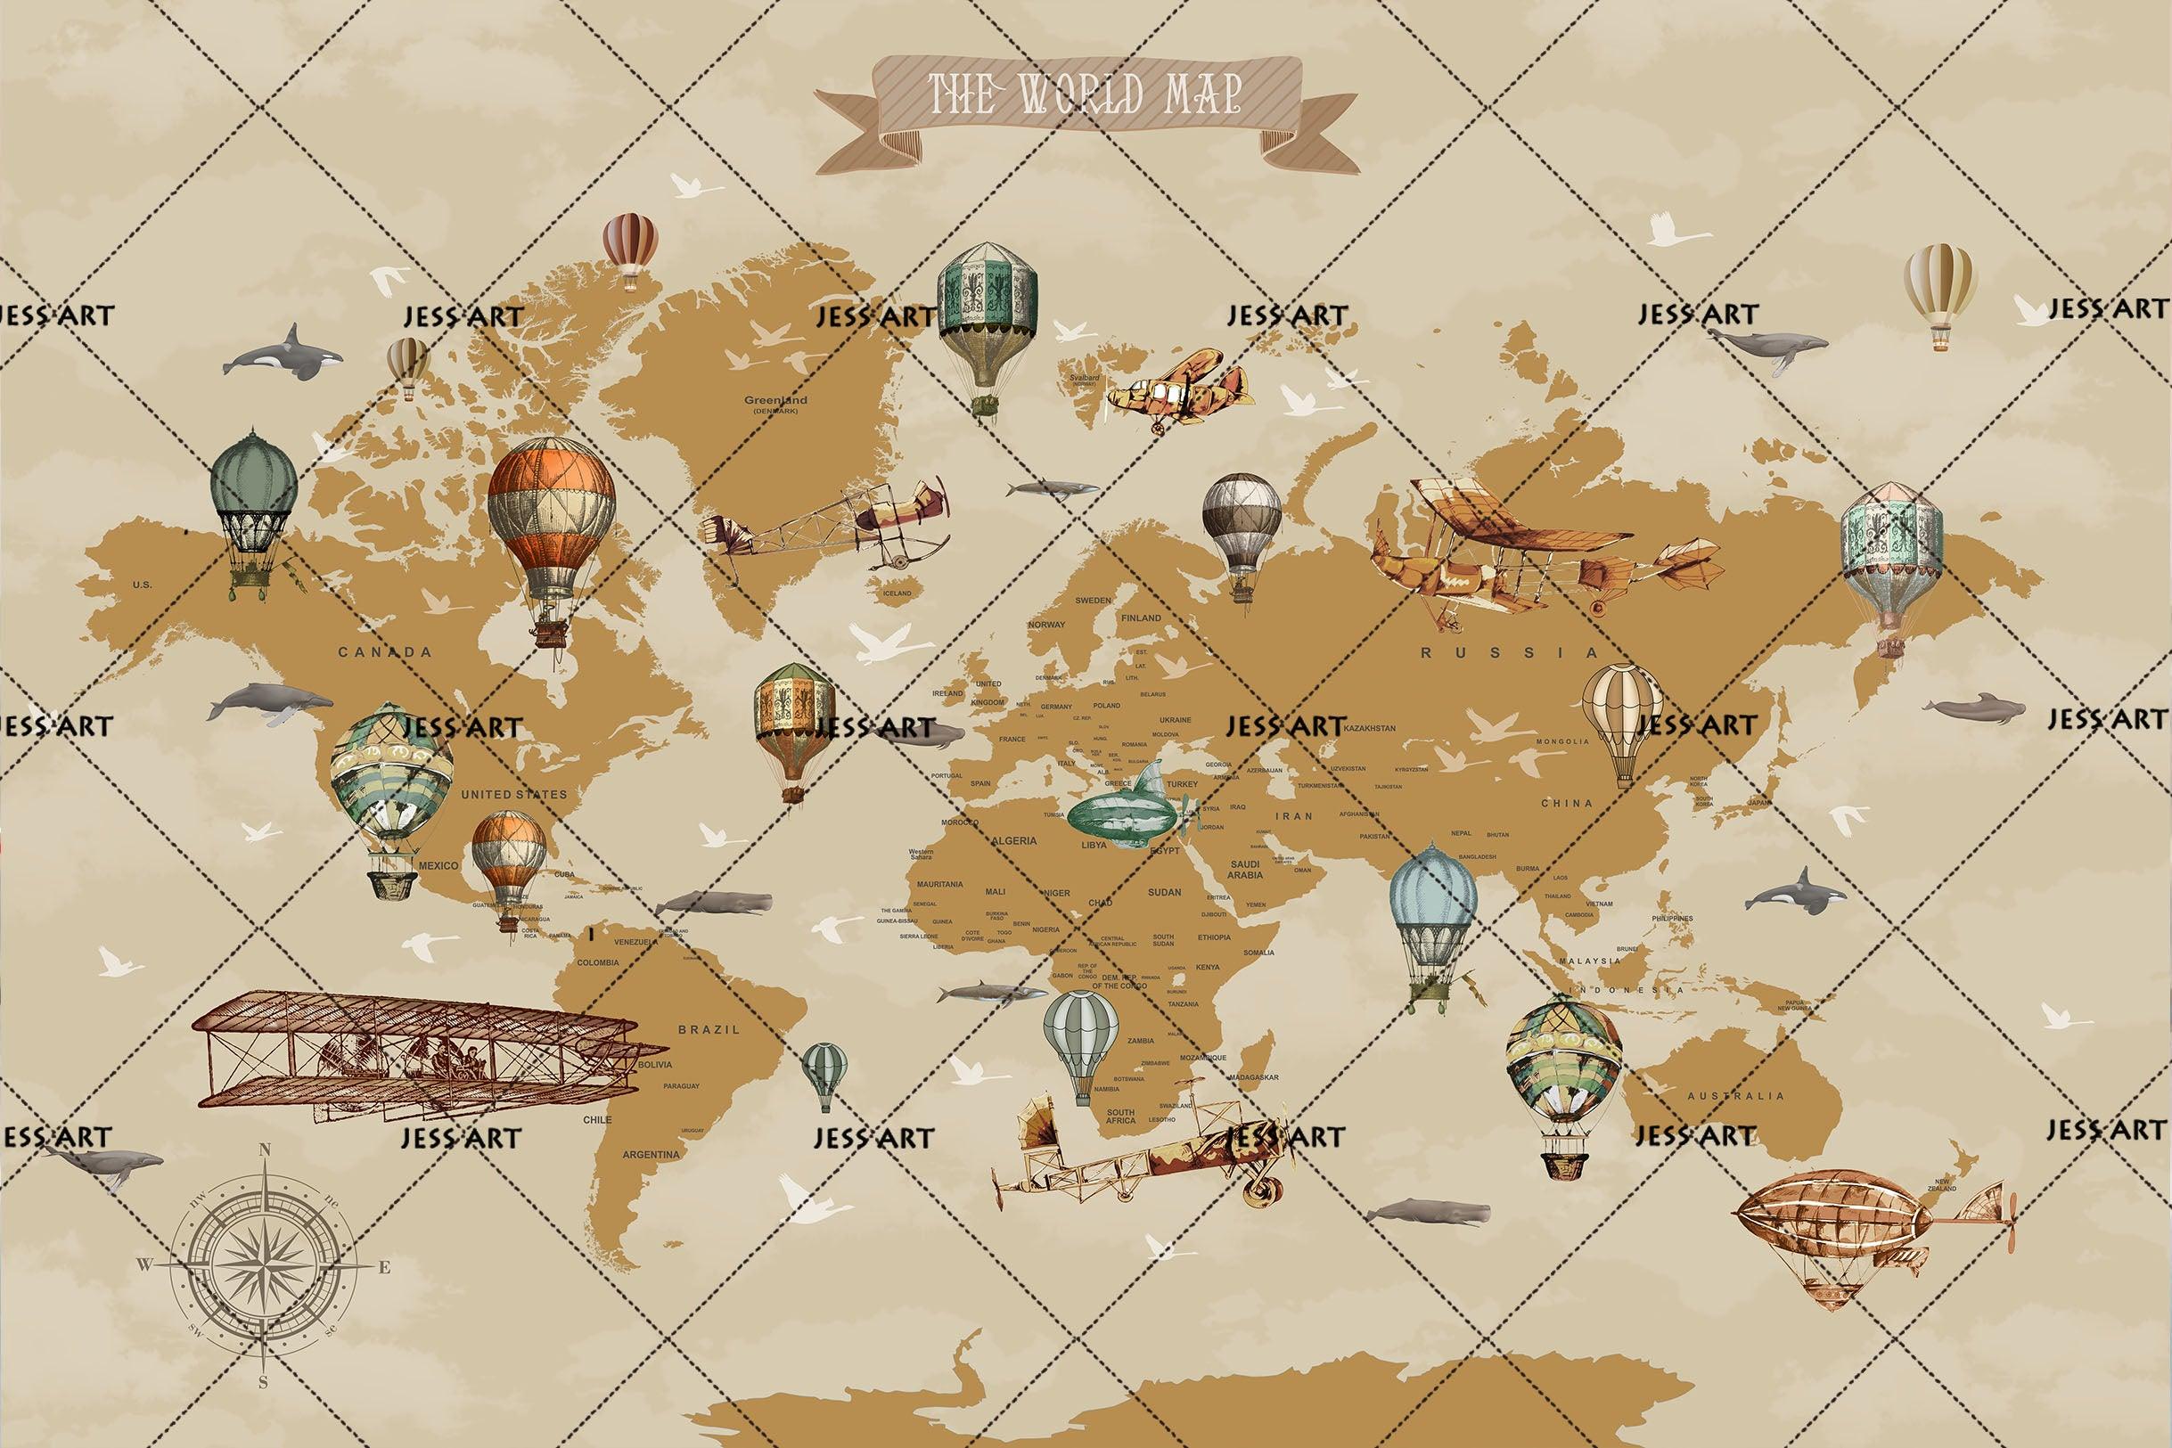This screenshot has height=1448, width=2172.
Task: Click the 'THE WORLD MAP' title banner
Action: point(1084,100)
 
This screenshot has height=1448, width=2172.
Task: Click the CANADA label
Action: point(384,652)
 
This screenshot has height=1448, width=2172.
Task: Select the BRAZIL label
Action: point(709,1028)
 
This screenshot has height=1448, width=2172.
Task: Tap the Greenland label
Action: point(775,402)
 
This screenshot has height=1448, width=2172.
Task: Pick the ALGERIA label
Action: point(1014,840)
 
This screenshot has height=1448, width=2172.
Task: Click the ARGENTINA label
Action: point(651,1154)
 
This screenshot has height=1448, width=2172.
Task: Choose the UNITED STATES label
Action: point(513,794)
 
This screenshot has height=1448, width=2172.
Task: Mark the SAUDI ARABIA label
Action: point(1244,869)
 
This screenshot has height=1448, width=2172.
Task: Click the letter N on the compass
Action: point(265,1149)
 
